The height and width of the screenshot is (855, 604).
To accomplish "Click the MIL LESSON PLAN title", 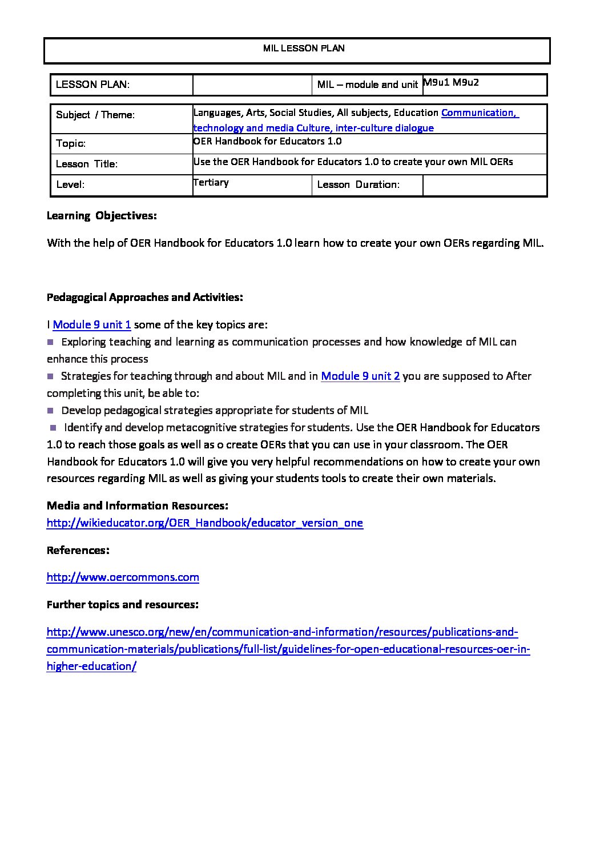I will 304,49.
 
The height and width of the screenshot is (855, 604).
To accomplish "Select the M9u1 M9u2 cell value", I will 451,82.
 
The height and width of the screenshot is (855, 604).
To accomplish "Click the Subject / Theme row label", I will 95,115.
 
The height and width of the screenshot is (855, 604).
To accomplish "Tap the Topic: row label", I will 71,143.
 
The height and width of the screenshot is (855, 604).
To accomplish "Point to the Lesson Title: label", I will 87,164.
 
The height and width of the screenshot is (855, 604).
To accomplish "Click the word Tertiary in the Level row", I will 211,182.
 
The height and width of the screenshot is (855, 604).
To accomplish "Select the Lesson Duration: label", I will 358,184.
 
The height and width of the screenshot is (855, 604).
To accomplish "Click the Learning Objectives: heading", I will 102,216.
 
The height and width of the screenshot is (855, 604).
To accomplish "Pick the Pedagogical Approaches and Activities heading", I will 145,297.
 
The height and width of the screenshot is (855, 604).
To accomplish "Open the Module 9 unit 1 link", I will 92,325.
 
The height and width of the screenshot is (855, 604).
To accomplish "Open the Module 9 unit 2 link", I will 360,376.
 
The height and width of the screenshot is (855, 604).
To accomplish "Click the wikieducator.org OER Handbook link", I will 204,523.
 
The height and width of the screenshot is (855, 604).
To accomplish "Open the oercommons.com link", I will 123,577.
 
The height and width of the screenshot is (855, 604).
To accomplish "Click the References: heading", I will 78,550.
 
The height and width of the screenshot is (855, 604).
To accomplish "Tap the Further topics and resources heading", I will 123,604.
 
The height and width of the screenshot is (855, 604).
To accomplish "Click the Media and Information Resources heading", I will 138,505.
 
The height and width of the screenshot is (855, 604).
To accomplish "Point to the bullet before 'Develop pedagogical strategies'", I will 50,410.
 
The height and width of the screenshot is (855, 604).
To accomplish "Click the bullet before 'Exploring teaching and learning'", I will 50,342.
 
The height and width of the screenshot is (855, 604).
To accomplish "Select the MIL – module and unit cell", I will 368,85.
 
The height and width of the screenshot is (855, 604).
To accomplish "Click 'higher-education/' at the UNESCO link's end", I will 91,667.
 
